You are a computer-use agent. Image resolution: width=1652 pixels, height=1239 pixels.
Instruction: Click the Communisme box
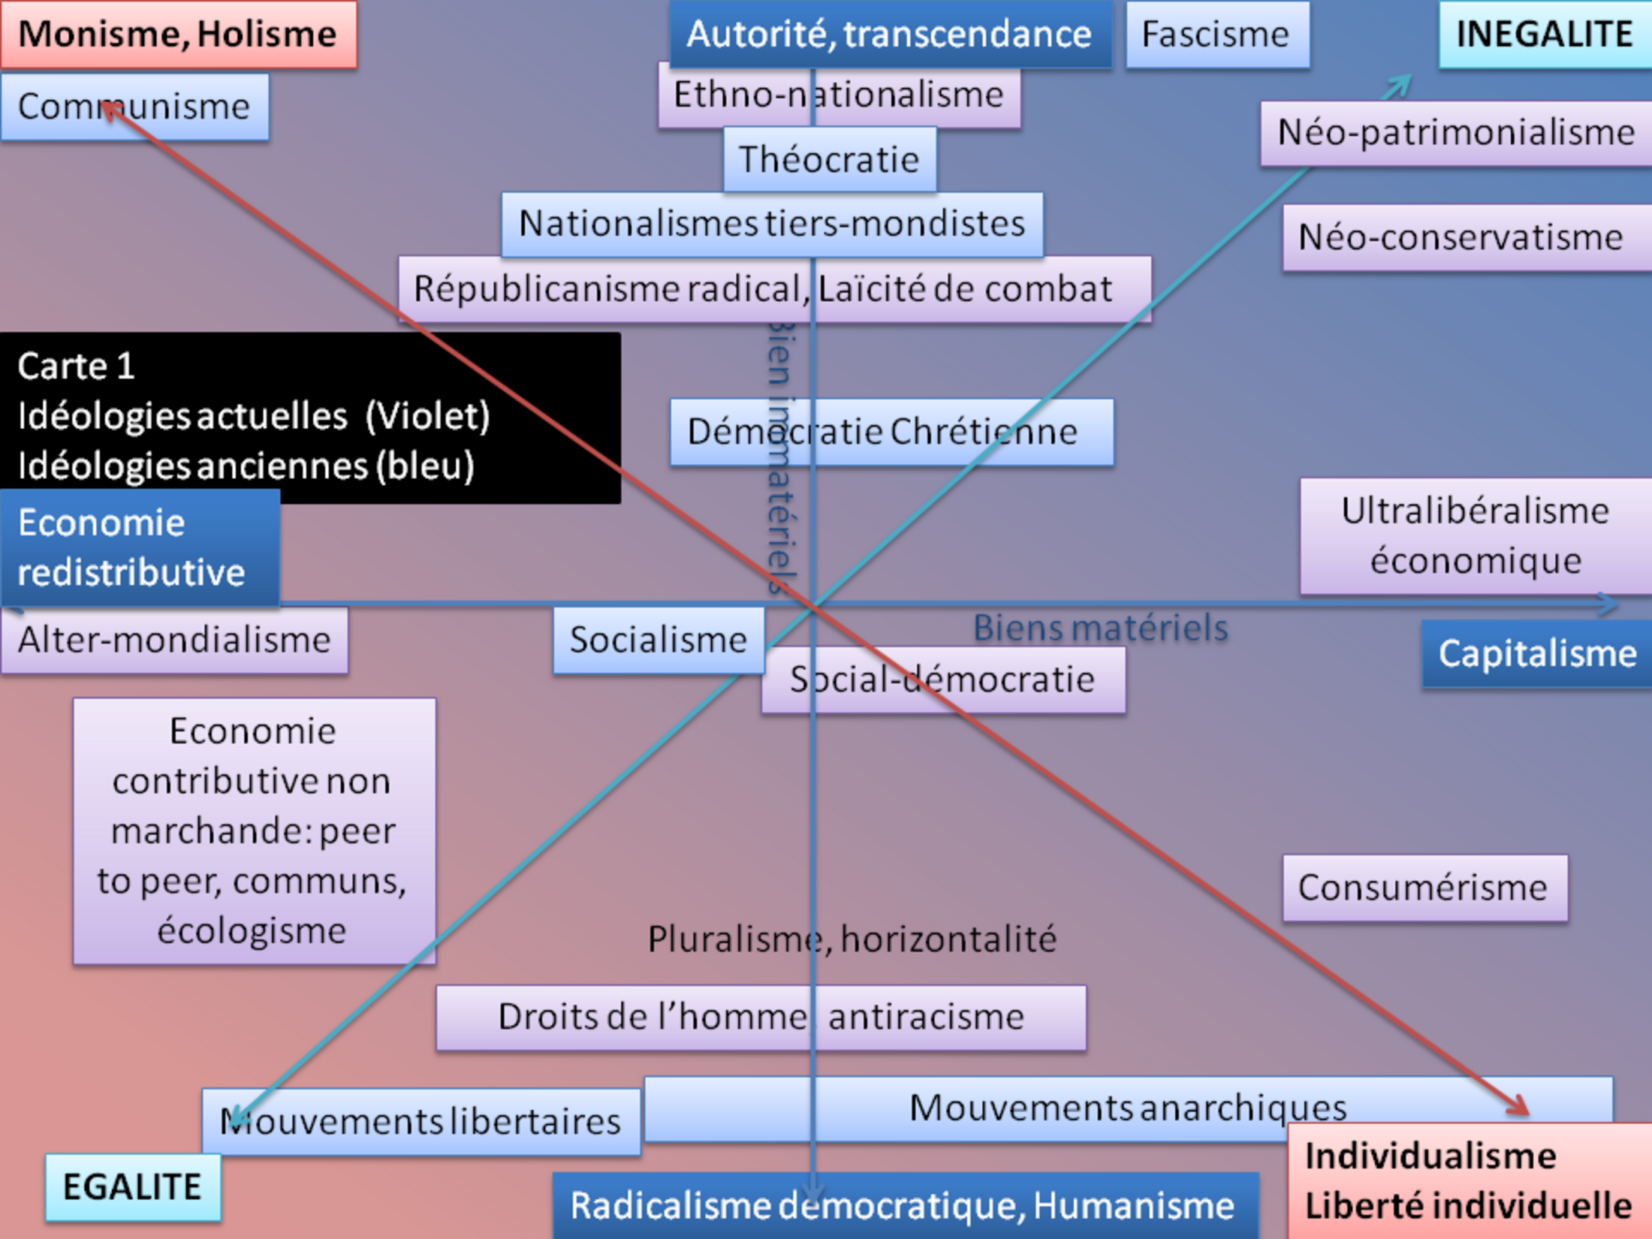[x=135, y=107]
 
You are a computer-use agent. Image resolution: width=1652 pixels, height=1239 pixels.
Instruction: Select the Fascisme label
[x=1216, y=35]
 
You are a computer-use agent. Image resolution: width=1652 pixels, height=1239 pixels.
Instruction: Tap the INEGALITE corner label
[x=1544, y=35]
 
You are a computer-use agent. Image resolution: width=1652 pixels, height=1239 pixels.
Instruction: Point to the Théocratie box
[x=829, y=159]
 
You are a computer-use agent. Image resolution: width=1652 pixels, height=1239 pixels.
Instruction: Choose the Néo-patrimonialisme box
[x=1455, y=133]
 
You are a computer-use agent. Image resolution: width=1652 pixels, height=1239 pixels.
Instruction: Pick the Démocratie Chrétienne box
[x=891, y=432]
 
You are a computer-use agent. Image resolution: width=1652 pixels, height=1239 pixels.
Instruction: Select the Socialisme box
[x=659, y=640]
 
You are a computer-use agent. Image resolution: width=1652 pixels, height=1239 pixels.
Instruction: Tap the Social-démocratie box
[x=942, y=680]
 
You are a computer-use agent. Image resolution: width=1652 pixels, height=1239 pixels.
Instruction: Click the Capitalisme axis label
[x=1536, y=653]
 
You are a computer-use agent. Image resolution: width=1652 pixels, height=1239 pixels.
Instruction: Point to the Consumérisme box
[x=1424, y=888]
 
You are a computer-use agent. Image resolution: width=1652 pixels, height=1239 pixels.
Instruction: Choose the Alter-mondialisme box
[x=174, y=640]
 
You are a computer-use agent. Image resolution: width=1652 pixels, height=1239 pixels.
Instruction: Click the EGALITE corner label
[x=133, y=1187]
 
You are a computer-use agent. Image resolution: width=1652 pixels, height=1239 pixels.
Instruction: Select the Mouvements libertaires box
[x=421, y=1122]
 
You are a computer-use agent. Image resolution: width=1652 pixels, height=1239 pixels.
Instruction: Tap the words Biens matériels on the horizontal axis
[x=1100, y=628]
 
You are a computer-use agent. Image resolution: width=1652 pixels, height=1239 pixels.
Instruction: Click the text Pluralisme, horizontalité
[x=852, y=939]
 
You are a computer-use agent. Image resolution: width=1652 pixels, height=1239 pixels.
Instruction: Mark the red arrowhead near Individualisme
[x=1520, y=1107]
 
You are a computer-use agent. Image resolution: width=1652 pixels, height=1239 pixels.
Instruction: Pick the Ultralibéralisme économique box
[x=1475, y=536]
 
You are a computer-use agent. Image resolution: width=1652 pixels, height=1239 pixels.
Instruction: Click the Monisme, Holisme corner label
[x=178, y=35]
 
